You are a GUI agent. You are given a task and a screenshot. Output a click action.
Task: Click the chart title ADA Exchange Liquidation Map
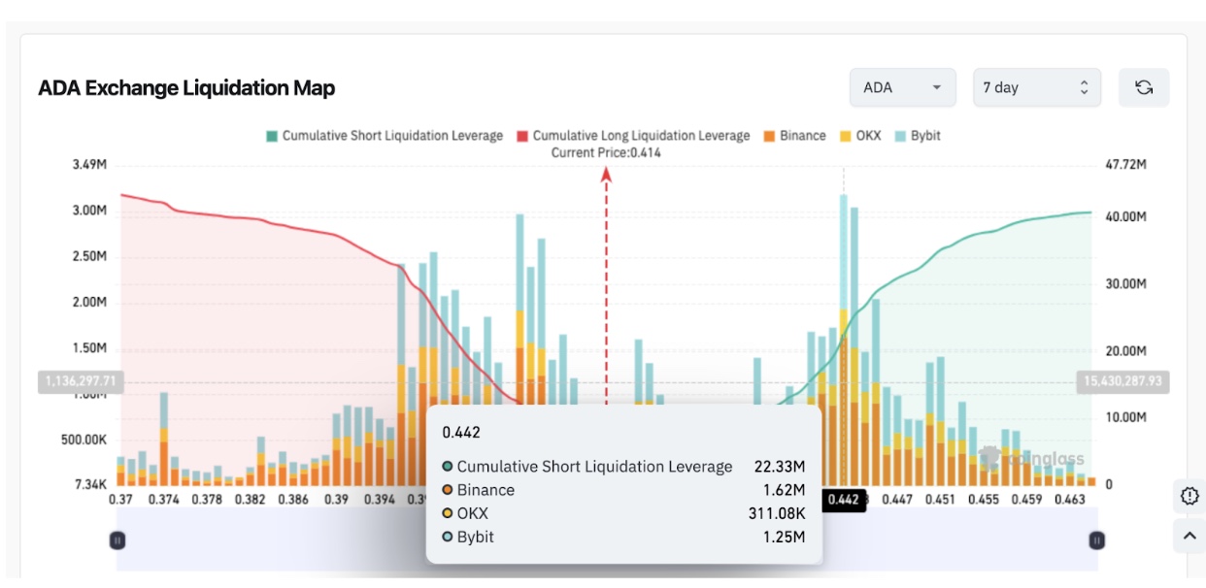coord(186,88)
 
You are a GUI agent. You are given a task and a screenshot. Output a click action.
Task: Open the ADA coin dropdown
coord(902,87)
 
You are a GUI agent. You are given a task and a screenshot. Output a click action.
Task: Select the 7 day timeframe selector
coord(1036,87)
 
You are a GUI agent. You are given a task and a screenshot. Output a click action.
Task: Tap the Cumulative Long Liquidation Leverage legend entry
coord(633,136)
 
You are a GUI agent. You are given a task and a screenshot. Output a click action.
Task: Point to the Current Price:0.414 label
coord(606,153)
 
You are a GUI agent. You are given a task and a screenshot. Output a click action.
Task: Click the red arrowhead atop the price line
coord(607,174)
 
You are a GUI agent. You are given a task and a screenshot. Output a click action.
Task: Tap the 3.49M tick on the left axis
coord(89,166)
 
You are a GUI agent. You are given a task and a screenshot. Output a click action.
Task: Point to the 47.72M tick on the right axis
coord(1126,166)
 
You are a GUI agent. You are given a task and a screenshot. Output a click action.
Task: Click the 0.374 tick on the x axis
coord(165,500)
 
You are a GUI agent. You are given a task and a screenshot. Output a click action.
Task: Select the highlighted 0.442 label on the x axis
coord(843,501)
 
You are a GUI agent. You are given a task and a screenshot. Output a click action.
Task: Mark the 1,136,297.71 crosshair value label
coord(80,381)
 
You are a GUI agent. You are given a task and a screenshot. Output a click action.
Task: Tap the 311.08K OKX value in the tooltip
coord(777,513)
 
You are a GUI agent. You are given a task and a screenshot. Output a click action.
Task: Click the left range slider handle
coord(117,540)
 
